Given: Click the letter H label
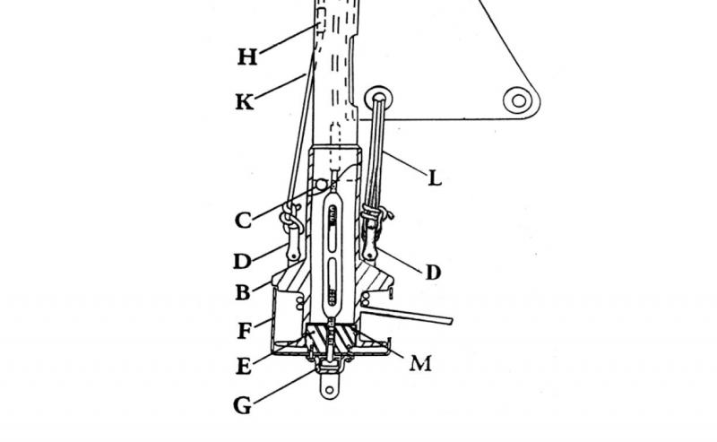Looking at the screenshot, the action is tap(247, 57).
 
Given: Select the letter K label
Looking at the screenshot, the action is tap(245, 101).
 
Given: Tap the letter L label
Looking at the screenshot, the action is tap(435, 178).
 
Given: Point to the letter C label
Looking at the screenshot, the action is tap(243, 220).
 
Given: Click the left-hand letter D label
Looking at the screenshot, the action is tap(242, 261).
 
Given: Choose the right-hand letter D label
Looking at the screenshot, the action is tap(433, 273).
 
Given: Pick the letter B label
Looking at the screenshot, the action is tap(243, 292).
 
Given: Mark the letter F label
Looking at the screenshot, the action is tap(244, 331).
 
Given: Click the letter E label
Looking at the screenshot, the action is tap(244, 366).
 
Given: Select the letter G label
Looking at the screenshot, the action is tap(242, 405).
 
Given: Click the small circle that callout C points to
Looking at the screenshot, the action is tap(321, 185).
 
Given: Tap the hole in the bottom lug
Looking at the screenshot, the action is tap(329, 390).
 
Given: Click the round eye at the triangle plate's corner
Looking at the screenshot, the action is tap(519, 100).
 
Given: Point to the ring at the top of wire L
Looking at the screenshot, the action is tap(379, 98).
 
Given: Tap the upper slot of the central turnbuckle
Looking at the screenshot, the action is tap(333, 228).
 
